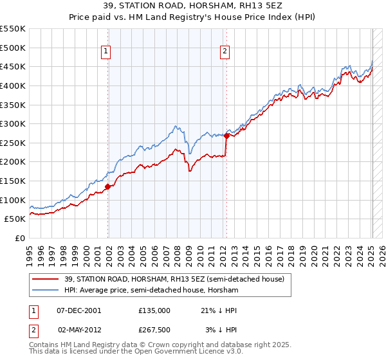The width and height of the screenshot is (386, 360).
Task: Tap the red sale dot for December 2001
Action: (108, 186)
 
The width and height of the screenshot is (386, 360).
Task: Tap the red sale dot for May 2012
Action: (226, 136)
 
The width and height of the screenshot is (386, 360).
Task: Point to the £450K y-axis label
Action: (13, 66)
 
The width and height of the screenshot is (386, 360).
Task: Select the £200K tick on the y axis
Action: (13, 162)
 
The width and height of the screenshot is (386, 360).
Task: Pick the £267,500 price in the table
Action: (154, 330)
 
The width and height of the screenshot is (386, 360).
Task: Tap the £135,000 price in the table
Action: (154, 310)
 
